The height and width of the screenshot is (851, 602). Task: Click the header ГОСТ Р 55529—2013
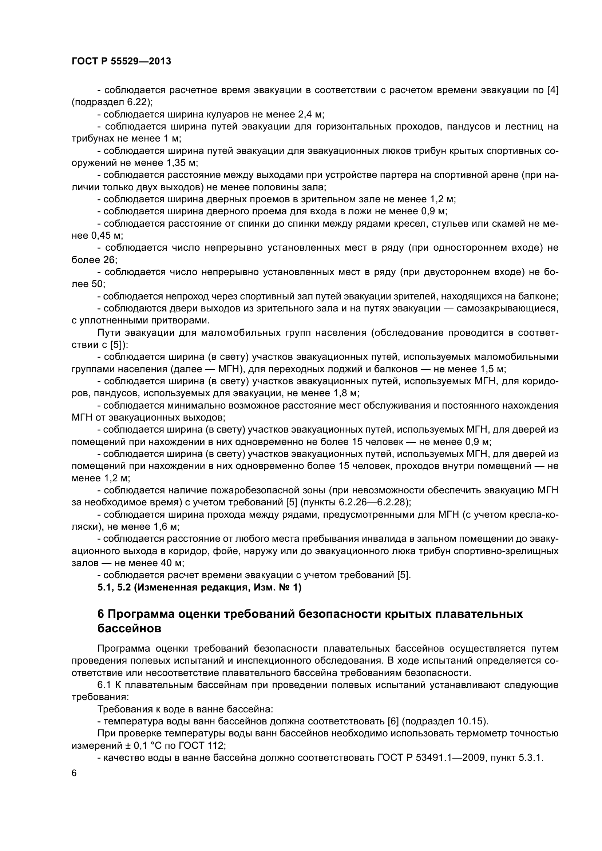pos(121,61)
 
